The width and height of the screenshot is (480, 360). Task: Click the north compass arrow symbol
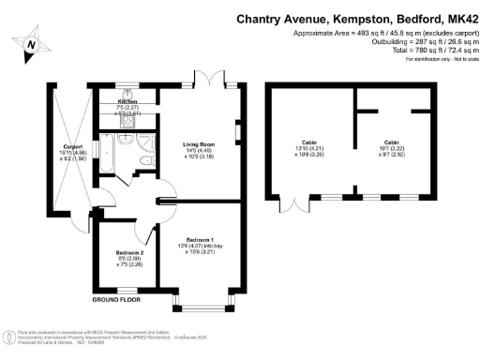click(x=32, y=44)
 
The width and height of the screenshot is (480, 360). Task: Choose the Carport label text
click(x=74, y=147)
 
